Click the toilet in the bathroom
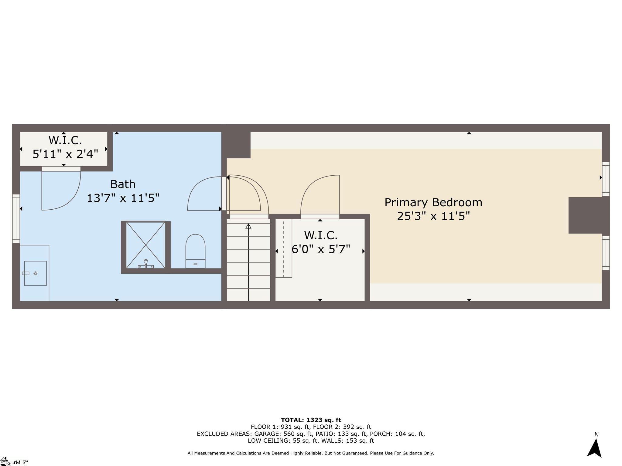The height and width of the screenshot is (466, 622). (x=195, y=251)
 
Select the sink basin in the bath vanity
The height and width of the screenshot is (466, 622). (x=35, y=273)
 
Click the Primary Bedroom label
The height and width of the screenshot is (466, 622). (x=433, y=202)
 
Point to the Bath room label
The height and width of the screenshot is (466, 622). (x=123, y=184)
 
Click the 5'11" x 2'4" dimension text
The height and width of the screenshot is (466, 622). (x=65, y=154)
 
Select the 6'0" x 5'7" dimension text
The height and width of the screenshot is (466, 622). (x=321, y=249)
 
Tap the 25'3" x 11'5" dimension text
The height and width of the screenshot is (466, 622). (x=433, y=216)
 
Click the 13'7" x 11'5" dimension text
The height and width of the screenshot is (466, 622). (x=123, y=198)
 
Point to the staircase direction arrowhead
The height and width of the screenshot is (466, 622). (x=248, y=226)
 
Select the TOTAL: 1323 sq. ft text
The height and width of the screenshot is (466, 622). (x=311, y=420)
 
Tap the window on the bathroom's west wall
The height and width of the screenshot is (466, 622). (x=16, y=218)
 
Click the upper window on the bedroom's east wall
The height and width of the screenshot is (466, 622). (x=606, y=179)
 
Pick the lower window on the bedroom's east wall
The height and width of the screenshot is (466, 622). (x=606, y=253)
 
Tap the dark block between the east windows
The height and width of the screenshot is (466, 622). (x=588, y=215)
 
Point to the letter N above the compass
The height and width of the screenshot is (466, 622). (x=596, y=434)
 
